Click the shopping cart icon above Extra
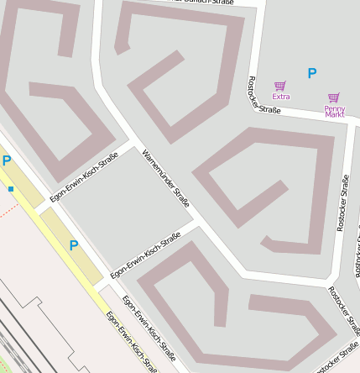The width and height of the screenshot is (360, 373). [x=280, y=86]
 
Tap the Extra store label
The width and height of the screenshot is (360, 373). [x=280, y=97]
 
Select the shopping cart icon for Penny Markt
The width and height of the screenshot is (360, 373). [x=334, y=97]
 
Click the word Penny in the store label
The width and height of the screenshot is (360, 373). [x=335, y=108]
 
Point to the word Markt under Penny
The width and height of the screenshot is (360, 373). [x=335, y=114]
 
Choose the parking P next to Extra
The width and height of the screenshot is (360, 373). [x=312, y=74]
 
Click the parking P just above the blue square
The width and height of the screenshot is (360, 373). [x=6, y=160]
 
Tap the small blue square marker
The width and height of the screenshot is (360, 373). [x=11, y=189]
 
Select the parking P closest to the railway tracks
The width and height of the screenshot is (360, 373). [x=73, y=246]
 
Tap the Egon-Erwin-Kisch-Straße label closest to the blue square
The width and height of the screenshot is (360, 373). [x=84, y=177]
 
